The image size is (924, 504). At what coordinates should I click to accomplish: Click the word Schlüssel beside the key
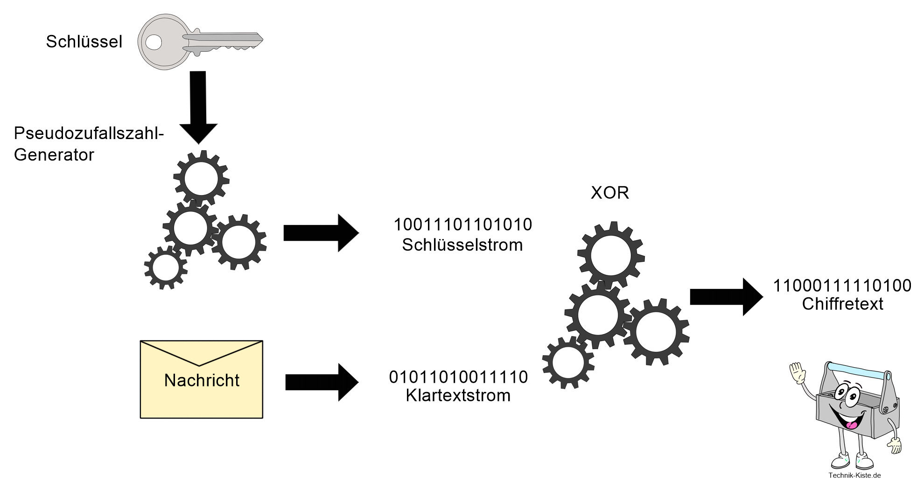pos(84,42)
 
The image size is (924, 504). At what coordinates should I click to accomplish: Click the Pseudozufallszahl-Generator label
pos(89,144)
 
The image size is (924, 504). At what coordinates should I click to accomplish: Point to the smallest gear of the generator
pos(166,268)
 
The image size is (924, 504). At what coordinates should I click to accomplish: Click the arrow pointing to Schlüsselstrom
pos(321,233)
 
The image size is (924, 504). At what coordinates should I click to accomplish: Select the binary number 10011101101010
pos(462,225)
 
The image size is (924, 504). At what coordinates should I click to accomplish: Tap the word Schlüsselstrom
pos(462,245)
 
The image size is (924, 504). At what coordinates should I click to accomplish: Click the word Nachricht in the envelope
pos(202,380)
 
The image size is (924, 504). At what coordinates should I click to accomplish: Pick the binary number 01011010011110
pos(458,377)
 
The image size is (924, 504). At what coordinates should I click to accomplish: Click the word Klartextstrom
pos(458,396)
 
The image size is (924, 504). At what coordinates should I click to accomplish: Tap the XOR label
pos(610,193)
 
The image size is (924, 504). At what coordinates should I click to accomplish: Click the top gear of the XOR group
pos(611,255)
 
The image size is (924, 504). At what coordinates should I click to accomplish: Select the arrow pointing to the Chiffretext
pos(727,297)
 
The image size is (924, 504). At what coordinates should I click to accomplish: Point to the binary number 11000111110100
pos(842,286)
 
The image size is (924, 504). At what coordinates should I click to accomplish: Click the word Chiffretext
pos(842,304)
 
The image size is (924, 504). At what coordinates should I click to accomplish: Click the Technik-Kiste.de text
pos(854,476)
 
